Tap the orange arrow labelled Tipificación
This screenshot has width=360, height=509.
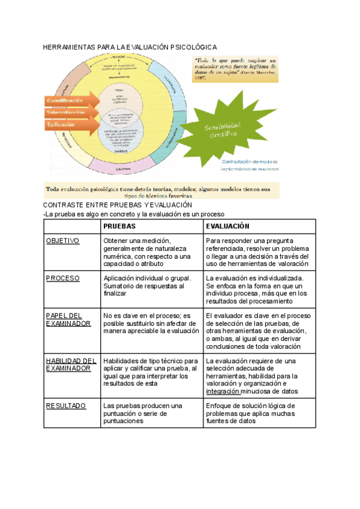click(x=63, y=124)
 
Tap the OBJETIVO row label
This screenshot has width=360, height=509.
click(x=62, y=241)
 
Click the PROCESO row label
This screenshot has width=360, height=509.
click(x=62, y=278)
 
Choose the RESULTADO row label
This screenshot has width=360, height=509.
click(x=66, y=406)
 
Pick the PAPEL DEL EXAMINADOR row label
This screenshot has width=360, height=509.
click(x=68, y=319)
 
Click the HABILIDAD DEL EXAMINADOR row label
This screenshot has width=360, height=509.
click(x=71, y=364)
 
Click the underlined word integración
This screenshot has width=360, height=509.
click(x=223, y=391)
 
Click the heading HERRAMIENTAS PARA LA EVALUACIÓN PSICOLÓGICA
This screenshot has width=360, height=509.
click(x=130, y=47)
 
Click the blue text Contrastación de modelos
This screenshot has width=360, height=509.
click(x=250, y=161)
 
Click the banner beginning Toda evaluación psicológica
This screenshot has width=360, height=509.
click(x=162, y=191)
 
